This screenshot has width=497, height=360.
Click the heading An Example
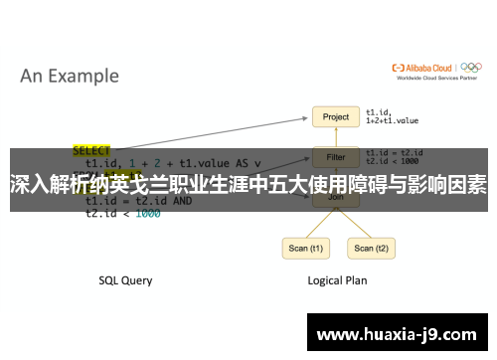(x=70, y=76)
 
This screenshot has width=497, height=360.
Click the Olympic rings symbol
(x=472, y=69)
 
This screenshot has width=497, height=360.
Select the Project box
(x=336, y=117)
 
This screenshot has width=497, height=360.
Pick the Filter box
(x=336, y=156)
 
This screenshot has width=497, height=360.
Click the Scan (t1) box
(x=304, y=248)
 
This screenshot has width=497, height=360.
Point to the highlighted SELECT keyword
(x=92, y=151)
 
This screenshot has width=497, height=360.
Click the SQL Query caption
(x=125, y=280)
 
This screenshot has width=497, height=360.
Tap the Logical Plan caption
(x=336, y=280)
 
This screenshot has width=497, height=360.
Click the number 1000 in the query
(x=147, y=213)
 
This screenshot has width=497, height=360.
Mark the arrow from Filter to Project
(x=336, y=137)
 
